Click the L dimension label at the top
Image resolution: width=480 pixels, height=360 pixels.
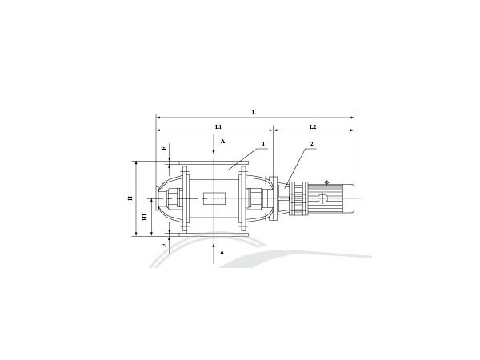point(254,113)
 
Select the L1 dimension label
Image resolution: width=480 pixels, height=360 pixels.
point(218,126)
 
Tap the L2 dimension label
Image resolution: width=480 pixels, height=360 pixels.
point(313,126)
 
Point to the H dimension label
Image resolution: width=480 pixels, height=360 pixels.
point(130,198)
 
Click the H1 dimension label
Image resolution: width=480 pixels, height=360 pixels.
point(145,217)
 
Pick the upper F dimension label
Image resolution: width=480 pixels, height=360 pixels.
point(164,148)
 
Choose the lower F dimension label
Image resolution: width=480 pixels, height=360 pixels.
point(164,245)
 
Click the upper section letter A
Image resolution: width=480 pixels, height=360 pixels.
point(223,142)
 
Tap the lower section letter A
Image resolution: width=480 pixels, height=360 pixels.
point(222,253)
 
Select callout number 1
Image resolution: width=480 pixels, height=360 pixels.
point(263,143)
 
